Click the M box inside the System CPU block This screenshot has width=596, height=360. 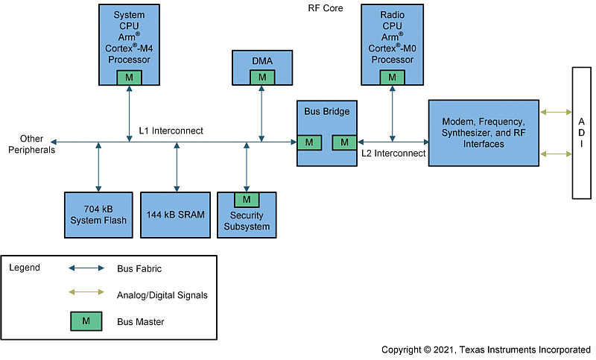129,77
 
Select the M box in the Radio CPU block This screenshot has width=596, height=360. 392,77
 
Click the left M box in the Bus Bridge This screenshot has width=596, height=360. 309,142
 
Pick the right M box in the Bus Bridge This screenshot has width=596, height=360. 344,142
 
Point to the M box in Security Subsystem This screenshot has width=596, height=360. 247,199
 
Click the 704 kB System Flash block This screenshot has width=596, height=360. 98,215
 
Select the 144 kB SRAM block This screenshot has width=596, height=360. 176,215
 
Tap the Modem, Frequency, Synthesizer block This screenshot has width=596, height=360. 484,133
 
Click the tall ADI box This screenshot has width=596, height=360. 581,133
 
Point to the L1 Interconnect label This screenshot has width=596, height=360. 171,130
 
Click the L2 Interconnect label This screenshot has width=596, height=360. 393,154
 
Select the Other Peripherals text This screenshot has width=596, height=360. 31,144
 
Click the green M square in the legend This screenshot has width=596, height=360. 86,321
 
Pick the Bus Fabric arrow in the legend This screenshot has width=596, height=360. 86,268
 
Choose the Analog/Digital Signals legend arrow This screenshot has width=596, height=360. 86,294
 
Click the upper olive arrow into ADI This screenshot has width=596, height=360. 555,113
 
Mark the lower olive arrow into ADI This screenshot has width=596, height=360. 555,154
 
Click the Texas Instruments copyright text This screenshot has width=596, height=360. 486,350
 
